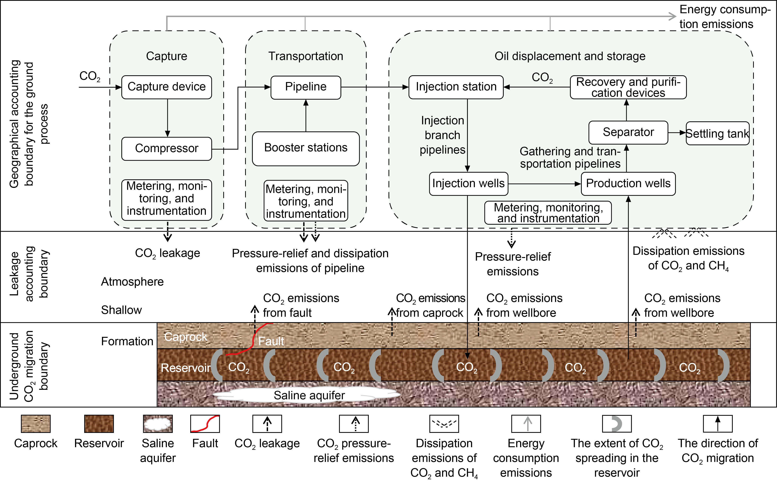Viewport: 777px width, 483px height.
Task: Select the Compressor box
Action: [166, 149]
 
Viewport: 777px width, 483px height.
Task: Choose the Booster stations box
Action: [306, 149]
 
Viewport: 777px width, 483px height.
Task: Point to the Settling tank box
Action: [717, 133]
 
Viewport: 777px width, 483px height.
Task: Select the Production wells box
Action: [628, 184]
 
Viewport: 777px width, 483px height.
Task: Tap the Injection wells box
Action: [469, 184]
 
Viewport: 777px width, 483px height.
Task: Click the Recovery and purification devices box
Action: [628, 87]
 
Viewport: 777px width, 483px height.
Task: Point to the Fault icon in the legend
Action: [205, 424]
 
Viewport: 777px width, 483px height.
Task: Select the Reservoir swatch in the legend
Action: [99, 424]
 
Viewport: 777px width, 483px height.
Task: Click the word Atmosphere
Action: [132, 282]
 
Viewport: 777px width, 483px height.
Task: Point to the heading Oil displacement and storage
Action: [570, 56]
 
